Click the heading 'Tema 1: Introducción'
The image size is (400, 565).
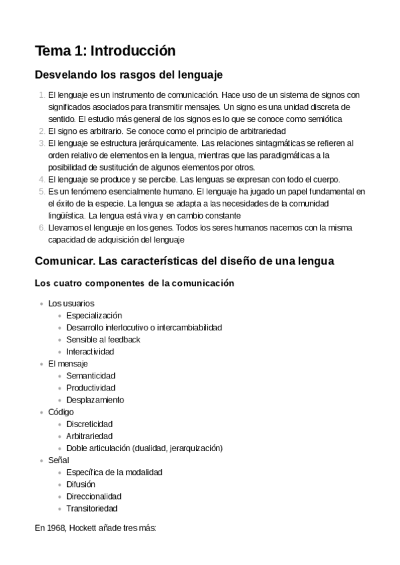(x=105, y=51)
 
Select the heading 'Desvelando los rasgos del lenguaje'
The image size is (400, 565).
(x=128, y=74)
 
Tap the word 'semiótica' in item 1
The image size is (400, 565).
(x=324, y=119)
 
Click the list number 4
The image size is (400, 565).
(x=41, y=179)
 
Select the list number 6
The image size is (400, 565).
(x=41, y=227)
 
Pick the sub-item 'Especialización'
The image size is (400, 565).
(x=94, y=315)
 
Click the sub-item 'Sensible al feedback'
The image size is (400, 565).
(x=103, y=339)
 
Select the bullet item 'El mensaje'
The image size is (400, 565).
(x=68, y=364)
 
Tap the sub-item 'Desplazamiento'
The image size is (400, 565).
(x=95, y=400)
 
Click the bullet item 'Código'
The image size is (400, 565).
(x=61, y=412)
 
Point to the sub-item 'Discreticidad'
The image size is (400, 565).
(x=89, y=424)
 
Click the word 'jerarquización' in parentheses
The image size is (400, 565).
(x=195, y=448)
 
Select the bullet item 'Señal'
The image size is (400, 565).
(x=59, y=460)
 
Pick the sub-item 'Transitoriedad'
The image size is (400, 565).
(x=92, y=508)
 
